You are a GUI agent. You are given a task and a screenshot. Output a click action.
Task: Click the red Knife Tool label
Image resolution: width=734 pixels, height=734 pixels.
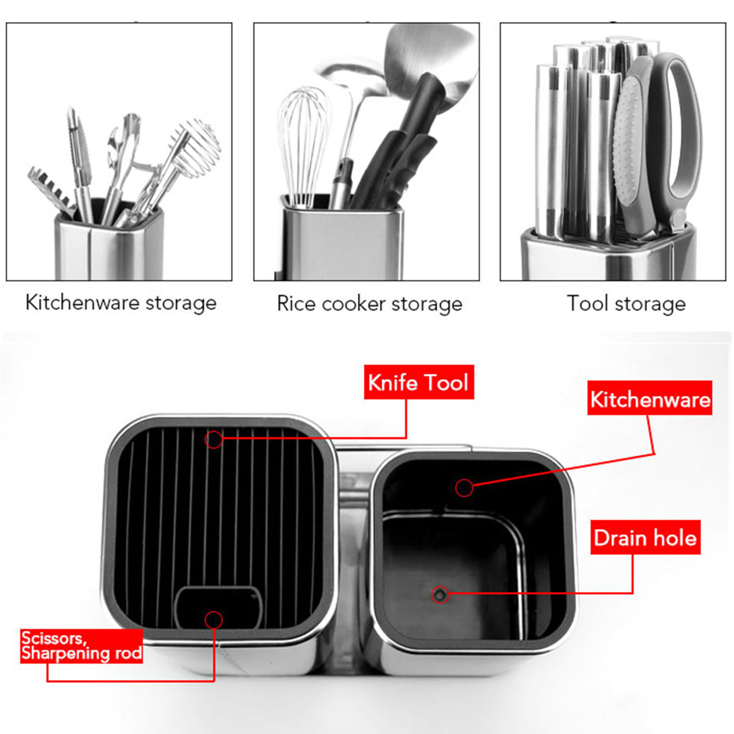(x=418, y=382)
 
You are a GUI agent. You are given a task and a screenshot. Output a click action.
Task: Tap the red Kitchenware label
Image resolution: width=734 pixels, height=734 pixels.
(x=650, y=398)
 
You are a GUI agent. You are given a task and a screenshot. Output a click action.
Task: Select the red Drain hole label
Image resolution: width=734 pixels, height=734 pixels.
(x=646, y=537)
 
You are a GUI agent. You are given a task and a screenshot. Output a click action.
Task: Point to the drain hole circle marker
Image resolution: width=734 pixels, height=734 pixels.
(x=440, y=594)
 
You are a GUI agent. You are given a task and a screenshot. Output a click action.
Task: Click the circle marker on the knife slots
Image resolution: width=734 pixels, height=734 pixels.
(x=213, y=440)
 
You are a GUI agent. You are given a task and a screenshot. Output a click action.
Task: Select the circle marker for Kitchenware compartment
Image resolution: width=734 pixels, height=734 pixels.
(x=464, y=487)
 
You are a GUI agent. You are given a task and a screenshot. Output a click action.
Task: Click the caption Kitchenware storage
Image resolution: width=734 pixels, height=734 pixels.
(x=121, y=303)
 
